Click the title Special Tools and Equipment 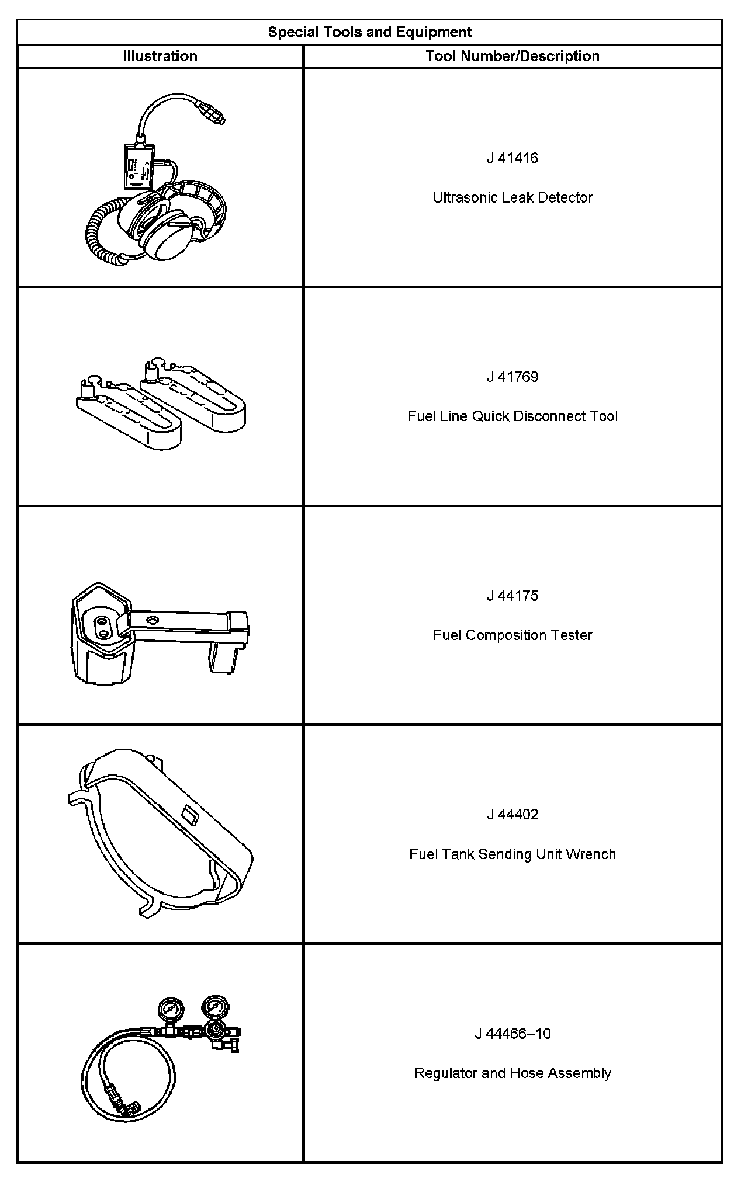[369, 32]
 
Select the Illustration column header [160, 57]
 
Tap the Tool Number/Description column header [512, 57]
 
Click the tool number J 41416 [512, 158]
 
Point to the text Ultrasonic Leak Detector [512, 198]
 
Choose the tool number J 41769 [512, 377]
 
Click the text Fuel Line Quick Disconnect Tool [512, 416]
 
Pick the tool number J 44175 [512, 596]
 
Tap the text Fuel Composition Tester [512, 635]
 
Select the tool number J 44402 [512, 815]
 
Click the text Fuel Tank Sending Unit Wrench [512, 854]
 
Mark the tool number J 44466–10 [512, 1034]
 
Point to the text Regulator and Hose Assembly [512, 1073]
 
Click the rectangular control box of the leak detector [138, 166]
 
